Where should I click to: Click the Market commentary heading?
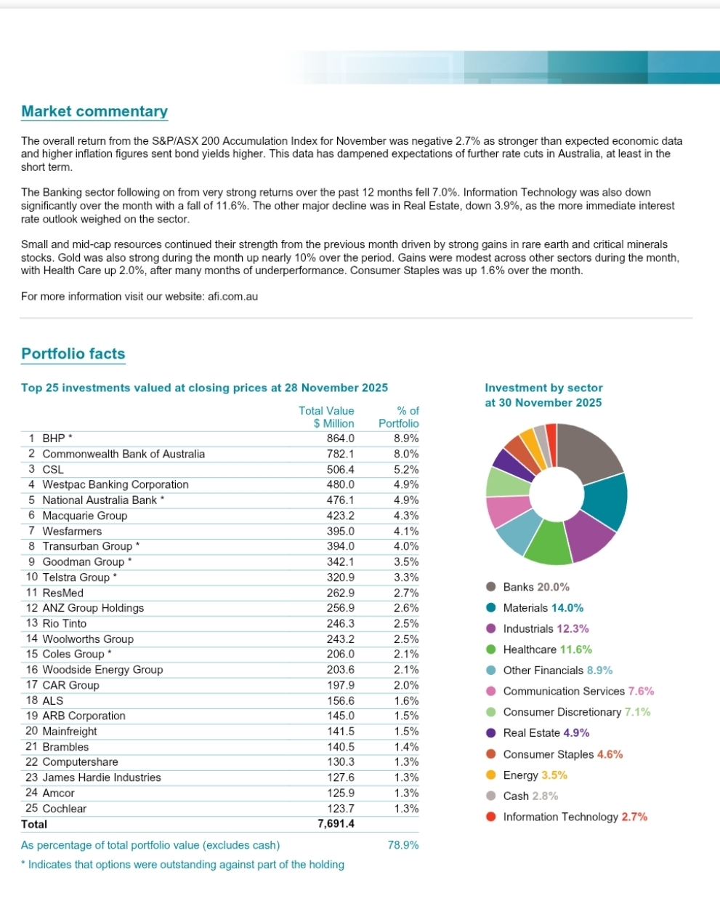click(94, 111)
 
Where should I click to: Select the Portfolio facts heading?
click(73, 354)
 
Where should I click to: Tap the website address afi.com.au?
click(231, 296)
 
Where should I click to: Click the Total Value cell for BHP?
click(340, 439)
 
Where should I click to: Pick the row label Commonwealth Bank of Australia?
click(124, 454)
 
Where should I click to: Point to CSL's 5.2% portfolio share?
click(406, 469)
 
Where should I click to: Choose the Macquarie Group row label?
click(84, 516)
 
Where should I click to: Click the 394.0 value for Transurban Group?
click(340, 546)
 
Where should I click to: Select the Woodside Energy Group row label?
click(102, 670)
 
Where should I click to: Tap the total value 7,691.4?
click(336, 824)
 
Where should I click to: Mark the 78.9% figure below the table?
click(403, 845)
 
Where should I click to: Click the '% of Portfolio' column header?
click(399, 417)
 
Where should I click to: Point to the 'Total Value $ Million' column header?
click(327, 417)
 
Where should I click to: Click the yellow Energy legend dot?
click(491, 775)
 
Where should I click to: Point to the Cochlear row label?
click(64, 809)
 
